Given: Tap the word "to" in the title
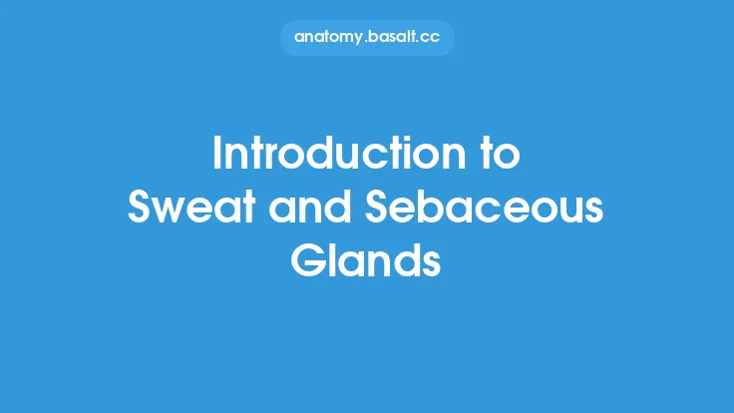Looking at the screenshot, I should (497, 158).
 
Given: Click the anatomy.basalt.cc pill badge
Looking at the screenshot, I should (366, 37).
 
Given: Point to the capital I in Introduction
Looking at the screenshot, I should (218, 158).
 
